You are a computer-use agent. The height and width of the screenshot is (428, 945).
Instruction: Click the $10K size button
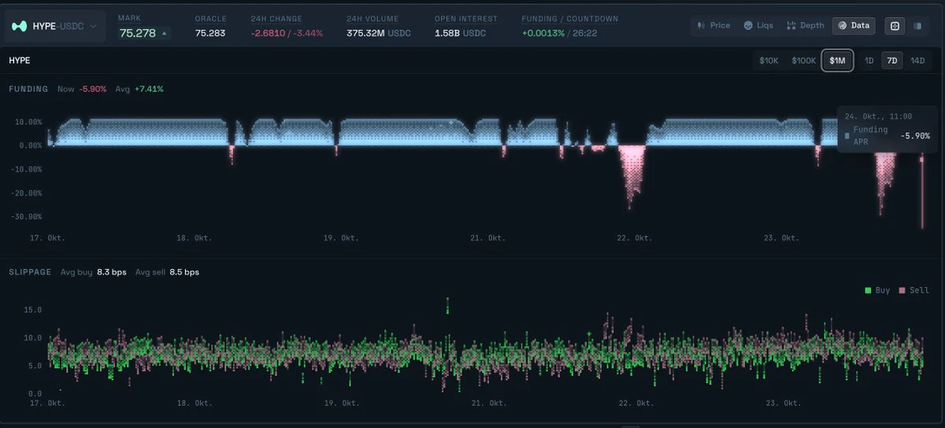[x=769, y=61]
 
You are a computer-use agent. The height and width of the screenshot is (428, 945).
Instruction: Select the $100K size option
[x=804, y=61]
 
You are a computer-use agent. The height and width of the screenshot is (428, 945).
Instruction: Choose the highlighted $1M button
[x=837, y=61]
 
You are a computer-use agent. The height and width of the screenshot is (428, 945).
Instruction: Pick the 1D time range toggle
[x=869, y=61]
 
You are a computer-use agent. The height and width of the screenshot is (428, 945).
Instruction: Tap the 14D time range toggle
[x=917, y=61]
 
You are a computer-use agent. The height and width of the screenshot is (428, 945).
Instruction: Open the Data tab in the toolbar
[x=854, y=26]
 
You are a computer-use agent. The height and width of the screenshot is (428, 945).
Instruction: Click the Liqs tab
[x=758, y=26]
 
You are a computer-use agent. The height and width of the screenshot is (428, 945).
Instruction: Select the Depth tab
[x=806, y=26]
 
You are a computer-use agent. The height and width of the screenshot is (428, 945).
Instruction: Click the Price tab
[x=713, y=26]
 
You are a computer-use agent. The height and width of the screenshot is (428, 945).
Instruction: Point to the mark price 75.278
[x=138, y=33]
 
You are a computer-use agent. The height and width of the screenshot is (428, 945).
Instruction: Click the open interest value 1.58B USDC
[x=460, y=33]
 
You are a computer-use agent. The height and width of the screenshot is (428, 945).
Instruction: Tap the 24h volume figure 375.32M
[x=365, y=33]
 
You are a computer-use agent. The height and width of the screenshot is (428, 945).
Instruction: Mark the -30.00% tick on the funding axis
[x=26, y=216]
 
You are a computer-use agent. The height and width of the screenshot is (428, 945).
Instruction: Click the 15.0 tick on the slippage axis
[x=32, y=309]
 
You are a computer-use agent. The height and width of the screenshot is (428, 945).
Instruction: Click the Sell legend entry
[x=914, y=290]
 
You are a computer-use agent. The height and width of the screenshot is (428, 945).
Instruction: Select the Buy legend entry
[x=877, y=290]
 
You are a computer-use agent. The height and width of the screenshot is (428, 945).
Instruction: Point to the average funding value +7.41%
[x=149, y=89]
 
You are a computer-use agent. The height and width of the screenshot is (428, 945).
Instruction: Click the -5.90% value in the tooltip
[x=915, y=136]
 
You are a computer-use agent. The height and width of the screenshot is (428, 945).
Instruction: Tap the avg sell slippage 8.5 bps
[x=184, y=272]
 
